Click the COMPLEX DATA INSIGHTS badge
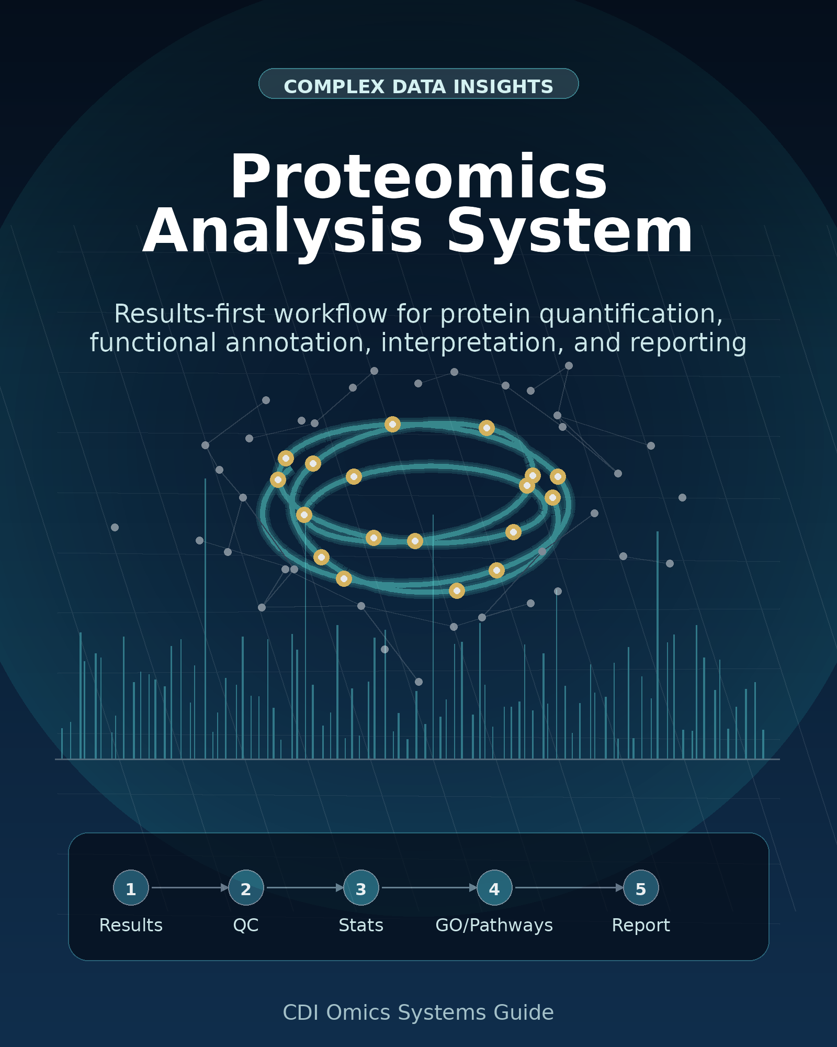(x=418, y=84)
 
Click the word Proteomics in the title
(x=418, y=177)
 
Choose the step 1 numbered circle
(x=131, y=888)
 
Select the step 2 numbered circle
(x=246, y=888)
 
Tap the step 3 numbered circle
(x=361, y=888)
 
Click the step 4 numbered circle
(x=494, y=888)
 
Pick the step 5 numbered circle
(x=641, y=888)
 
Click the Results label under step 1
(x=131, y=925)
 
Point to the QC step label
(x=246, y=925)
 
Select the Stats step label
(x=361, y=925)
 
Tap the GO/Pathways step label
(x=494, y=926)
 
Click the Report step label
(x=641, y=926)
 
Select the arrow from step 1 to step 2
(x=190, y=888)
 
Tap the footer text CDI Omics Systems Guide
(x=418, y=1012)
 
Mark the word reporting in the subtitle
(x=660, y=343)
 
